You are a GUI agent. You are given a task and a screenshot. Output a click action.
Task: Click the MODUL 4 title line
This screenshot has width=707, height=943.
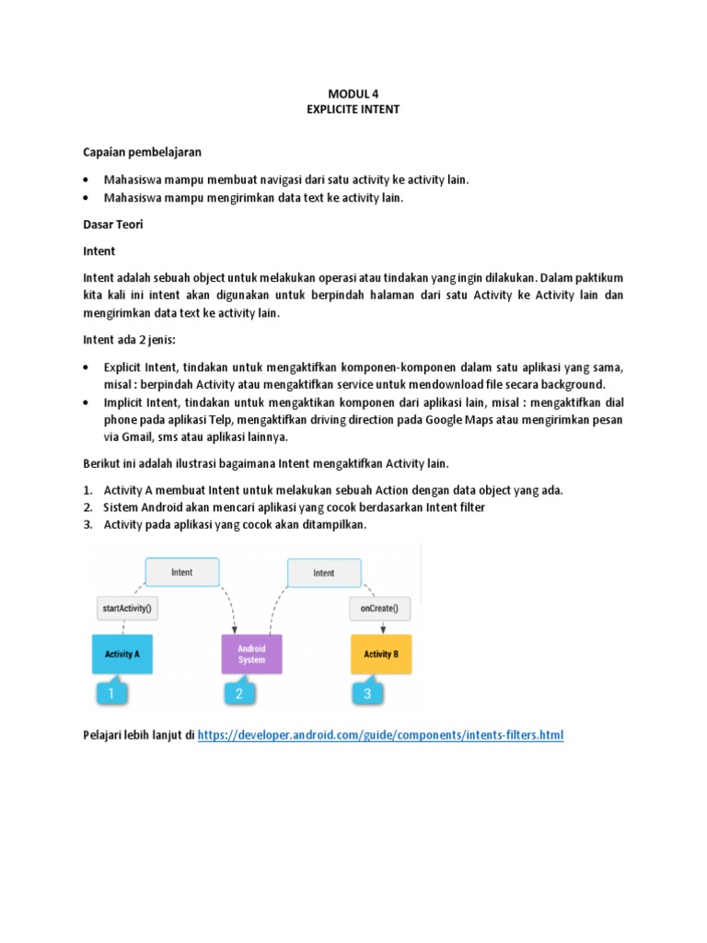[x=353, y=93]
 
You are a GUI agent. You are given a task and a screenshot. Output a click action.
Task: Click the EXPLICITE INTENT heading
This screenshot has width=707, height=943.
[x=353, y=109]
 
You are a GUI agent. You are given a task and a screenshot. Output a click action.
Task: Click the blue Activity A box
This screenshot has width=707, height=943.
[x=122, y=654]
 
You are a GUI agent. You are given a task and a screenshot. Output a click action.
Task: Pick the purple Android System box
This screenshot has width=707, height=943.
[x=250, y=654]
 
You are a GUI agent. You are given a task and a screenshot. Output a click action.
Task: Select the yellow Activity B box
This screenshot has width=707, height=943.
[x=380, y=654]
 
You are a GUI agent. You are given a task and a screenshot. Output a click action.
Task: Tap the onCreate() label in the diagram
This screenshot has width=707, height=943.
[x=380, y=608]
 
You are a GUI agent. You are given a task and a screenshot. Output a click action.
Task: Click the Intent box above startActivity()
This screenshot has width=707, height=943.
[x=182, y=572]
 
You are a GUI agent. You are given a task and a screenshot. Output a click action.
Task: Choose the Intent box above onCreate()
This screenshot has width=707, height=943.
[x=324, y=573]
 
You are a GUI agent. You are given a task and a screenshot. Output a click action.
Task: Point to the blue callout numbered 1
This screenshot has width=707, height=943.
[x=111, y=693]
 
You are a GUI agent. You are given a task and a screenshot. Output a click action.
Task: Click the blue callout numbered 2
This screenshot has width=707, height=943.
[x=239, y=693]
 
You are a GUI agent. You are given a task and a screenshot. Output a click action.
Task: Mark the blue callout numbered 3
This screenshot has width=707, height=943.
[x=367, y=693]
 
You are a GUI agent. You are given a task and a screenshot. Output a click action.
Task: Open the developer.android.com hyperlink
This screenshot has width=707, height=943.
[x=380, y=735]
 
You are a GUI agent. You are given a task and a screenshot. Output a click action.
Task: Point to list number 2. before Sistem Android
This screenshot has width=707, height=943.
[x=88, y=506]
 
